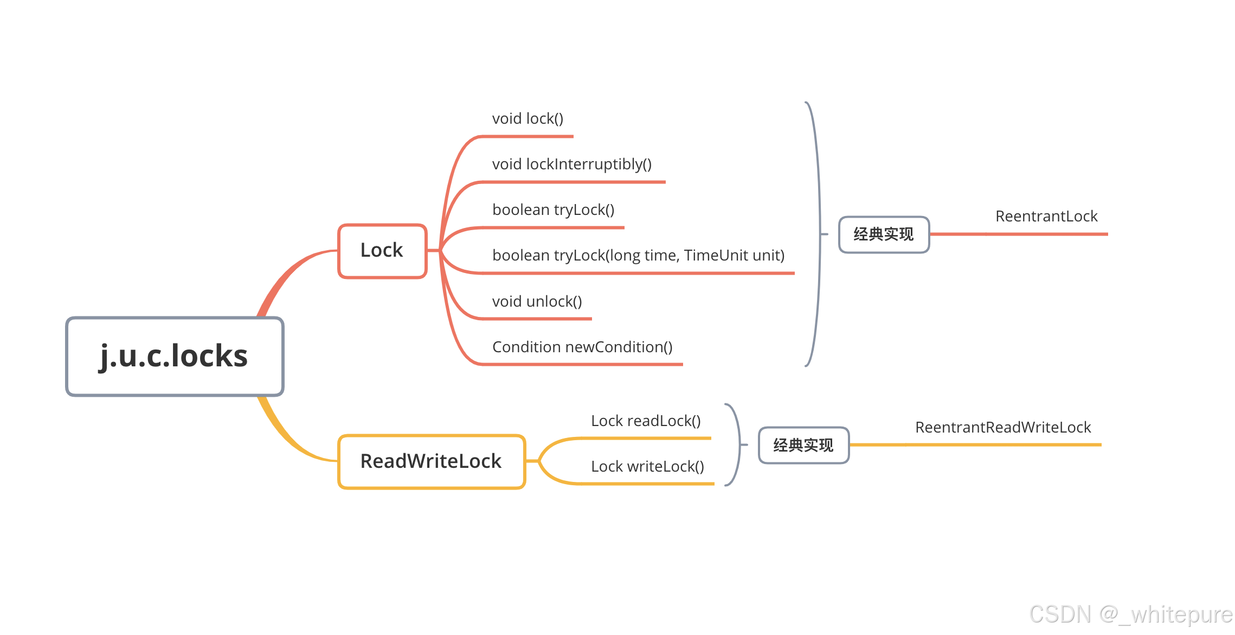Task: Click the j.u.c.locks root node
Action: (x=175, y=357)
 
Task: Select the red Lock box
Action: (x=382, y=251)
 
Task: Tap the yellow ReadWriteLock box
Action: (x=431, y=461)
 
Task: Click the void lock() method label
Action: (x=528, y=119)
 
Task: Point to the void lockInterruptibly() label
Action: (x=571, y=164)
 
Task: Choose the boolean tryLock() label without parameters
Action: (x=553, y=210)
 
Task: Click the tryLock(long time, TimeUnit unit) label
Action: (x=638, y=256)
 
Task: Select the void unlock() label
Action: (x=537, y=302)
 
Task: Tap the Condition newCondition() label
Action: (x=582, y=347)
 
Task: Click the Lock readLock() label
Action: (x=646, y=421)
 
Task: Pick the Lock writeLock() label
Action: (x=647, y=467)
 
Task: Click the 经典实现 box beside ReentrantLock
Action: (x=884, y=234)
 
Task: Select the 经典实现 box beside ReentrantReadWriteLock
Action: (x=803, y=446)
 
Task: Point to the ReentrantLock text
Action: (x=1046, y=217)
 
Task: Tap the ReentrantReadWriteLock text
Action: (x=1003, y=428)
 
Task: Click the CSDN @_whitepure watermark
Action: (x=1131, y=614)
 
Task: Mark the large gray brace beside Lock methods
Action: (x=818, y=233)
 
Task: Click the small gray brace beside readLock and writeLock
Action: (x=738, y=445)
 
